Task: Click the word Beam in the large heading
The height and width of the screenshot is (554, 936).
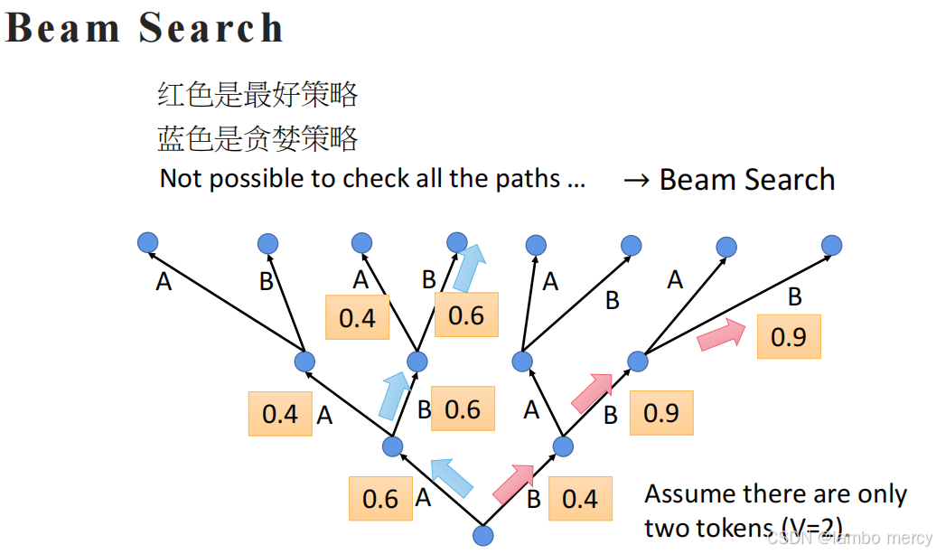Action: click(63, 28)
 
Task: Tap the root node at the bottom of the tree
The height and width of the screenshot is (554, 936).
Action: click(483, 535)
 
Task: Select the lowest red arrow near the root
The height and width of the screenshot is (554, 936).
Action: click(514, 483)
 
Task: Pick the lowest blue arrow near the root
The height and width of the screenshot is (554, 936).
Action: click(452, 477)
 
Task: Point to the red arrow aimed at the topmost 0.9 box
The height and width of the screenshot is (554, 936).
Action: click(721, 336)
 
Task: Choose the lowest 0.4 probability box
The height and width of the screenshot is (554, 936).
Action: click(580, 498)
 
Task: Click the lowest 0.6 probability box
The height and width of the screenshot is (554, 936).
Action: click(380, 498)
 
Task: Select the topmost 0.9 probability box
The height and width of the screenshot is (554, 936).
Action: click(789, 336)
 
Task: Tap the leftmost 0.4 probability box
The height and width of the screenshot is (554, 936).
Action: click(280, 414)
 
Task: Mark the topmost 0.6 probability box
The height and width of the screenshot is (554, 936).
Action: click(466, 315)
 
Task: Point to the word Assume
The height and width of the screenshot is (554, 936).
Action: click(689, 494)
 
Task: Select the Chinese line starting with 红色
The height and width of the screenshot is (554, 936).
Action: click(257, 94)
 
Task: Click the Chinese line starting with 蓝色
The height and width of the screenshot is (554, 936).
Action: click(257, 138)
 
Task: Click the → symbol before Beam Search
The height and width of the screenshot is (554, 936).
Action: click(637, 180)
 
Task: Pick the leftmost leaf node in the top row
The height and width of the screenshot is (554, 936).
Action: click(148, 242)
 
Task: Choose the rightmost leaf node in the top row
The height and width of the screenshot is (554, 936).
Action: click(832, 244)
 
